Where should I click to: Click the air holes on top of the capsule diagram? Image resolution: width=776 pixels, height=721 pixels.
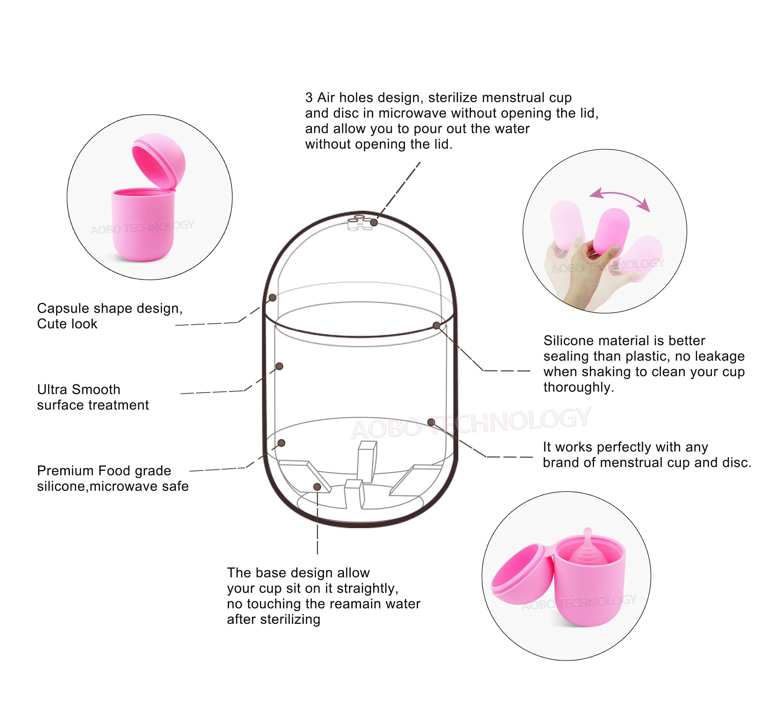tap(359, 223)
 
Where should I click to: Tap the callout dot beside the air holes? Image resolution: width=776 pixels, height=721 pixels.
tap(374, 222)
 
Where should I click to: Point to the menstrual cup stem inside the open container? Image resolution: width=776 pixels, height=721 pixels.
tap(587, 534)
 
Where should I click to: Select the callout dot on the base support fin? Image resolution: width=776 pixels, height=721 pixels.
tap(317, 487)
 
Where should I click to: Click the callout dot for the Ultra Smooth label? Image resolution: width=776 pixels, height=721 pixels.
tap(279, 366)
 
